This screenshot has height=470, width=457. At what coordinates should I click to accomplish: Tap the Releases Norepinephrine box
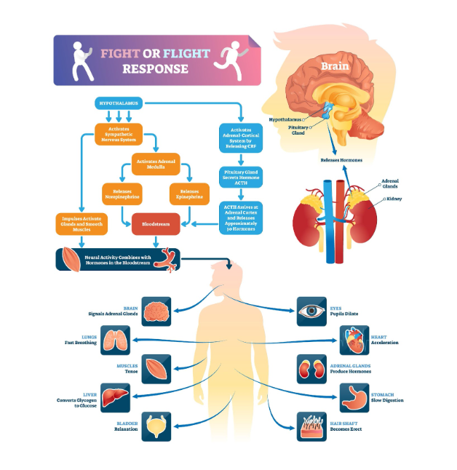[x=122, y=194]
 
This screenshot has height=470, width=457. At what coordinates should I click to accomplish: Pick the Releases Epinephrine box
[x=189, y=194]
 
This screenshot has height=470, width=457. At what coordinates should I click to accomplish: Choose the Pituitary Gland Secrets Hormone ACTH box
[x=241, y=176]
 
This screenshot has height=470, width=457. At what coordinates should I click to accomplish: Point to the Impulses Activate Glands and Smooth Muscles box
[x=81, y=223]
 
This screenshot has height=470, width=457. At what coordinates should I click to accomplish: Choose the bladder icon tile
[x=156, y=426]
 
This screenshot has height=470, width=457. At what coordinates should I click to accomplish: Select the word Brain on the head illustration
[x=335, y=67]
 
